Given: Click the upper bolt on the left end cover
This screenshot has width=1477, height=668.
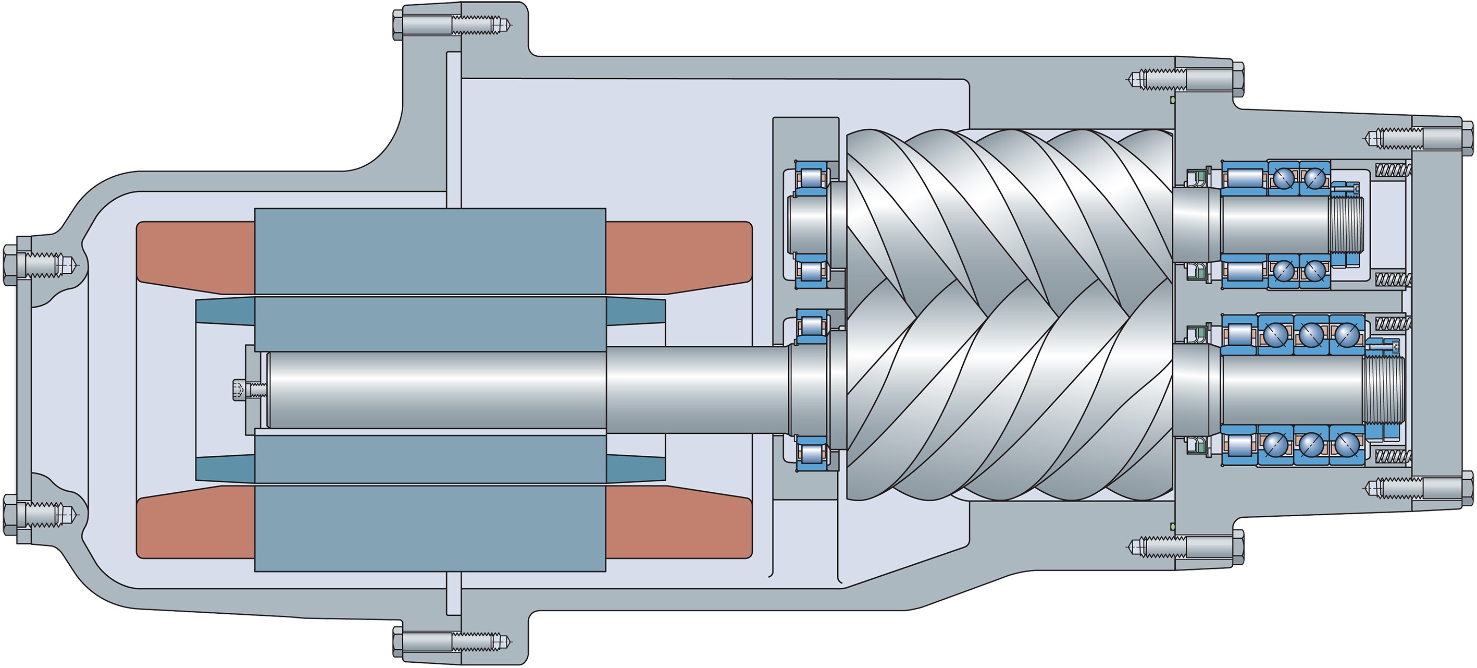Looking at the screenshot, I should (x=10, y=264).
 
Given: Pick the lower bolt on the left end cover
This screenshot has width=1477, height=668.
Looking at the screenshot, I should (x=10, y=514).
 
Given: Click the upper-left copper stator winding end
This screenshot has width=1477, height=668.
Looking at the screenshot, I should (x=195, y=257).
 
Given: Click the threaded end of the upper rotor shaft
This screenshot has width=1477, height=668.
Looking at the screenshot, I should (x=1345, y=223).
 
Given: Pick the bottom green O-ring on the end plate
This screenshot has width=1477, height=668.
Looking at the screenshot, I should (x=1173, y=526).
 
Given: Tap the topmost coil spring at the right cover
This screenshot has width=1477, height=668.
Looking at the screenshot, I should (x=1393, y=170).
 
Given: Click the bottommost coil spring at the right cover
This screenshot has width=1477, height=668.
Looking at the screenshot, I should (x=1393, y=456).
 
